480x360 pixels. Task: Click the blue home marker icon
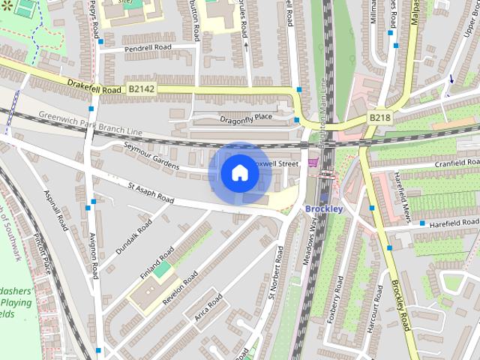[240, 172]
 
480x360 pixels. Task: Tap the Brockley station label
[324, 208]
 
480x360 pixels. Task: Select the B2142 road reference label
[142, 89]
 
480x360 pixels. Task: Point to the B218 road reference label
[379, 118]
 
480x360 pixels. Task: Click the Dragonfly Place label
[246, 118]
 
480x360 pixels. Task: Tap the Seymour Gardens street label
[152, 155]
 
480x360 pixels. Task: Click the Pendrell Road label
[148, 47]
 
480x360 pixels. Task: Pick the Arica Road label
[208, 308]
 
